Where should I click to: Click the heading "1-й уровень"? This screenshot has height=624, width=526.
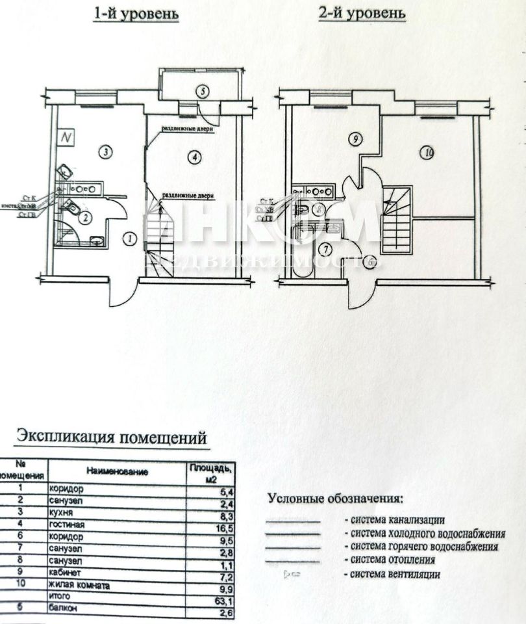click(x=136, y=14)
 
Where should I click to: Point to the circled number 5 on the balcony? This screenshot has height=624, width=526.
click(x=203, y=91)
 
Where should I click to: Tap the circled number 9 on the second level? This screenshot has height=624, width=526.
click(x=354, y=138)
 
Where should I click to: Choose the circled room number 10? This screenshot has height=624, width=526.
click(x=426, y=153)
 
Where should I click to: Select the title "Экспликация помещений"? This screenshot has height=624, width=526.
click(x=112, y=435)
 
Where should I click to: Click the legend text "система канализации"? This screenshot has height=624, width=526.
click(x=397, y=520)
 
